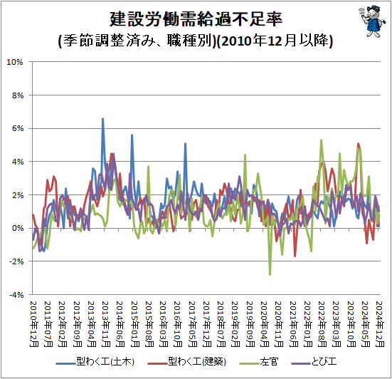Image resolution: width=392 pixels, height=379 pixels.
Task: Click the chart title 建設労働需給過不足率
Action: [196, 19]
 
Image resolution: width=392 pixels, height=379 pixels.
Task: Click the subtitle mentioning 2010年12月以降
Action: [196, 41]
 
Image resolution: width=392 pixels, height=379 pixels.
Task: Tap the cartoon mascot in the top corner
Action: [370, 21]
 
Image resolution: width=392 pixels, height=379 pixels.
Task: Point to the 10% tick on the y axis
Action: [15, 62]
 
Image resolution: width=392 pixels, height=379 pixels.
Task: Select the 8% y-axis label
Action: [18, 95]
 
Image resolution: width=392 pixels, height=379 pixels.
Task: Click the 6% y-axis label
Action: [18, 129]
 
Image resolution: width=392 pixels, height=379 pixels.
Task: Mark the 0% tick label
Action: [18, 228]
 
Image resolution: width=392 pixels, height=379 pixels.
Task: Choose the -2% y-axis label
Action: [16, 261]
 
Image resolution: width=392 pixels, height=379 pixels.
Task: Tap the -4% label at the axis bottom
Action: [16, 295]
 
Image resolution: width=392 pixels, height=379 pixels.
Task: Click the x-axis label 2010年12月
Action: [33, 323]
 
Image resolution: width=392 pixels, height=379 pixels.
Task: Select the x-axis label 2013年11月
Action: [106, 323]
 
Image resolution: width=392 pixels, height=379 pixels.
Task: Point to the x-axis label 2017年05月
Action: [193, 323]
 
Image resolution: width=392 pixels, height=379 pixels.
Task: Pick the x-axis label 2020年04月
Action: [265, 323]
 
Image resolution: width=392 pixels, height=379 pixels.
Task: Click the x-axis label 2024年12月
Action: [380, 323]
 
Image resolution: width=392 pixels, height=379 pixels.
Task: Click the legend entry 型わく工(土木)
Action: [95, 362]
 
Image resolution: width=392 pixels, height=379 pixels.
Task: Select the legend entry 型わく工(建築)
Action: [186, 362]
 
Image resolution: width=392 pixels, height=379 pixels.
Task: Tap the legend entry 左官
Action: [259, 362]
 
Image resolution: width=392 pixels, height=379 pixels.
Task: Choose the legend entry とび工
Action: [314, 362]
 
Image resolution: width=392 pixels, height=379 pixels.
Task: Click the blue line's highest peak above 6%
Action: [102, 119]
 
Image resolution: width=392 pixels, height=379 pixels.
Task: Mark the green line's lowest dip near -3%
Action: [270, 274]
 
